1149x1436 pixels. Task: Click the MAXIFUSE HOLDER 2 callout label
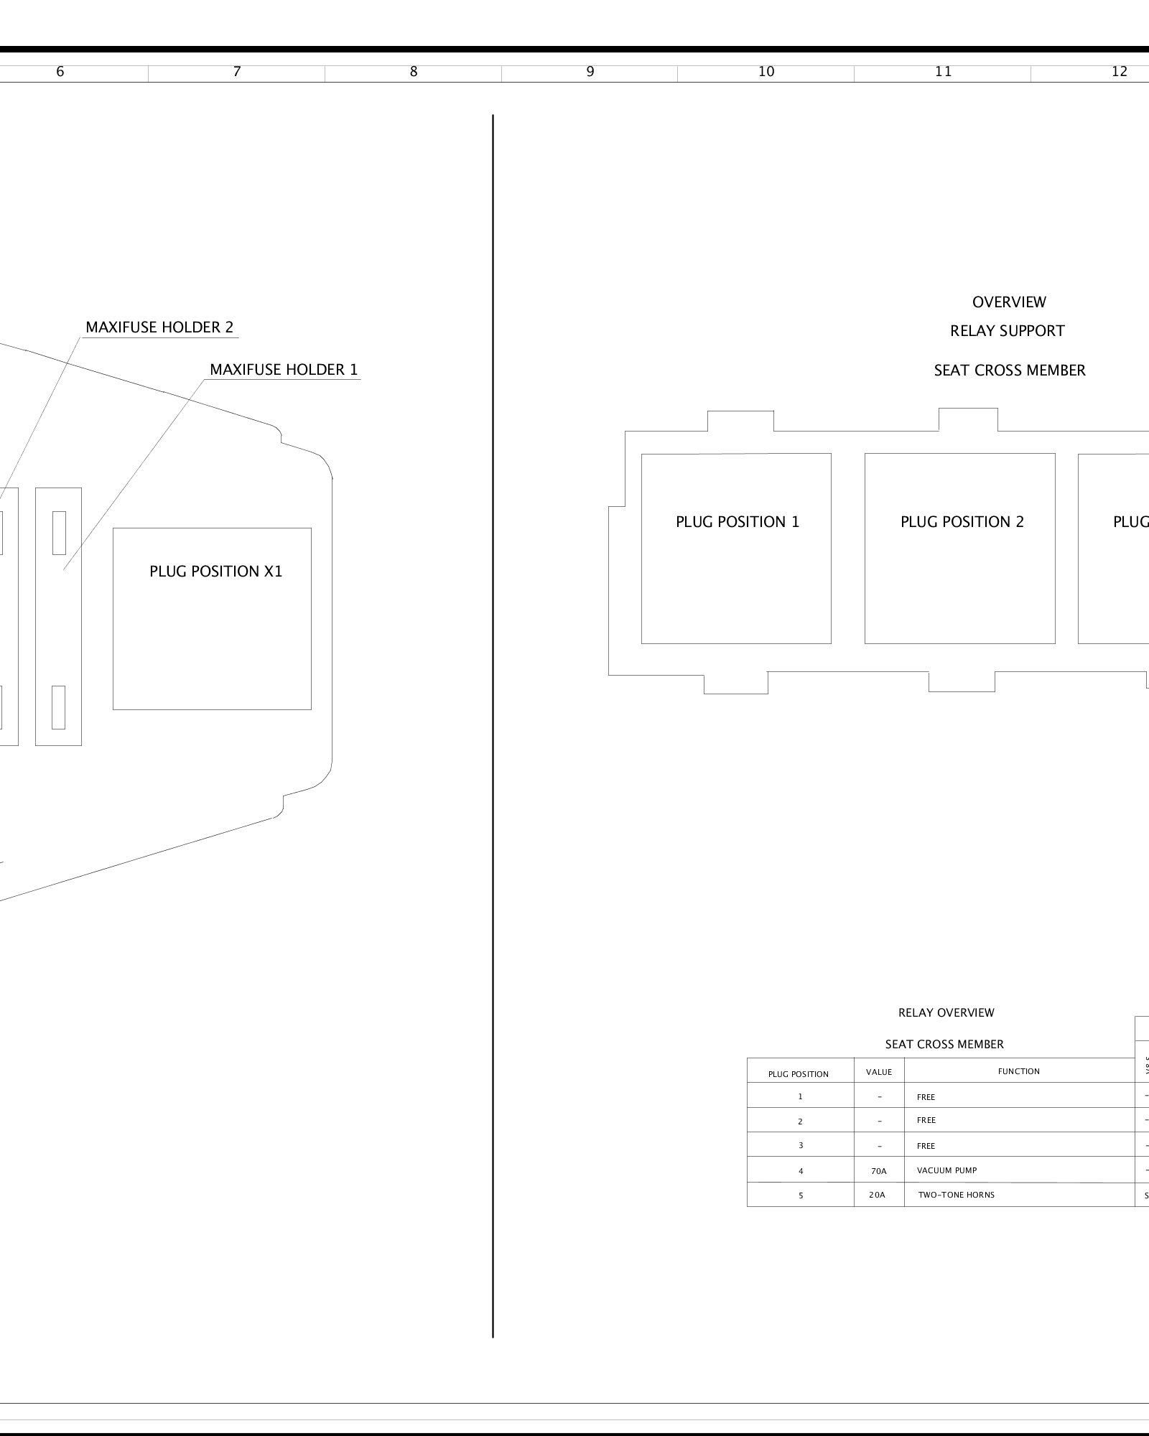coord(159,327)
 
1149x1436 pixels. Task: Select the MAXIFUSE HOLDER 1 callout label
coord(284,370)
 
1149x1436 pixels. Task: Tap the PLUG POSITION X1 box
coord(212,618)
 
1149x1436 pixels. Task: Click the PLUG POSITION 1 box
coord(736,548)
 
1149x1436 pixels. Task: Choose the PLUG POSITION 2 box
coord(960,548)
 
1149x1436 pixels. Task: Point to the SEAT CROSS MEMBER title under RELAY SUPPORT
coord(1009,370)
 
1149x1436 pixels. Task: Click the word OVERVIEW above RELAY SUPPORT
coord(1009,302)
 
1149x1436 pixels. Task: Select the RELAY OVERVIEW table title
coord(946,1012)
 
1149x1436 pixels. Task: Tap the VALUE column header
coord(879,1072)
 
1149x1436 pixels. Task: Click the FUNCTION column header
coord(1018,1071)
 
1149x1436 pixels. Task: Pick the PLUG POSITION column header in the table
coord(798,1074)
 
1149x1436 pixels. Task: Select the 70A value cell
coord(879,1171)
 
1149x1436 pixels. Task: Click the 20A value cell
coord(878,1195)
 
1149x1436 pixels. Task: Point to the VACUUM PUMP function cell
coord(946,1170)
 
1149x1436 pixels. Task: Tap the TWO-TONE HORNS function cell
coord(956,1195)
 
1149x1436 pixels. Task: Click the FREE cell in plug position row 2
coord(926,1120)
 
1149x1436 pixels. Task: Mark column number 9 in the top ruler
coord(590,72)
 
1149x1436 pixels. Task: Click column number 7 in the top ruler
coord(237,72)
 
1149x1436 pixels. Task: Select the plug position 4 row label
coord(801,1171)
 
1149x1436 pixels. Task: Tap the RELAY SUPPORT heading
coord(1007,331)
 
